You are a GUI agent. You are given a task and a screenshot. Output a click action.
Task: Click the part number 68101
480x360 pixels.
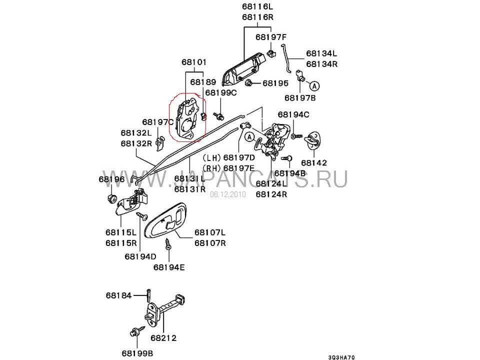(194, 62)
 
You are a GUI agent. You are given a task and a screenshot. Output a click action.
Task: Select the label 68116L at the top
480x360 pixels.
(257, 6)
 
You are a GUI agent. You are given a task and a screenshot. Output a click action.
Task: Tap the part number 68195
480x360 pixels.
(275, 83)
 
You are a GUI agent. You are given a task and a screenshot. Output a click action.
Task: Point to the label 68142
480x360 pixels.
(314, 162)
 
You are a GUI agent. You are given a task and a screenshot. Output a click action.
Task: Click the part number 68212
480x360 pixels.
(163, 338)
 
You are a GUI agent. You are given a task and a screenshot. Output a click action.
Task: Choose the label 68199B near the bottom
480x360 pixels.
(137, 353)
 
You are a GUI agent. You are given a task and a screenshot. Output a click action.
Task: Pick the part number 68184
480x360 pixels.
(119, 295)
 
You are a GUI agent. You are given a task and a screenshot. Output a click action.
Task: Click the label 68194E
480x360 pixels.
(169, 267)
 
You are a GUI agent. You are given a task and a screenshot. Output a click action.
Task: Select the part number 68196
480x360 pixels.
(111, 179)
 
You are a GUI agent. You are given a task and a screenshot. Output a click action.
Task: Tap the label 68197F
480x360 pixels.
(271, 37)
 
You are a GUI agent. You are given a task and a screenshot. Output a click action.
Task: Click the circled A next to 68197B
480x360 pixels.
(314, 86)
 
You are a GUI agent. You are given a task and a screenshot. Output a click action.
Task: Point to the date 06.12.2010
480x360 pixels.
(228, 194)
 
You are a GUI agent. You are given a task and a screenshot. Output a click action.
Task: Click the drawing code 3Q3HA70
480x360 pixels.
(341, 357)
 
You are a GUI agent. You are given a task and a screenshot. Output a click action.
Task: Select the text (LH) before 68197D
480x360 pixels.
(211, 157)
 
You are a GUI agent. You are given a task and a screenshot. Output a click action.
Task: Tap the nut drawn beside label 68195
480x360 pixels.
(248, 82)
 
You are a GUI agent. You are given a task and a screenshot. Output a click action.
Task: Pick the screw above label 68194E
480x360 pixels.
(168, 244)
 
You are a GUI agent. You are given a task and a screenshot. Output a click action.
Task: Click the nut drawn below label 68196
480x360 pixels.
(111, 198)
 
